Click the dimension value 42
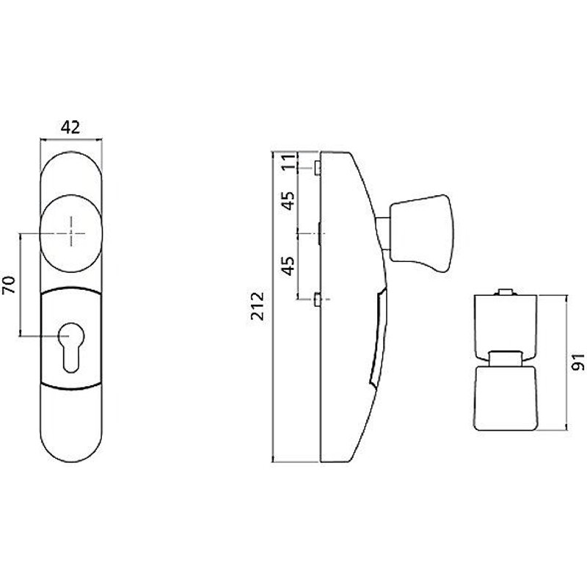click(70, 127)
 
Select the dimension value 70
click(10, 285)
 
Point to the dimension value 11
click(289, 162)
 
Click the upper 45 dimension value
click(289, 200)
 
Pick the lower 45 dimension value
click(289, 265)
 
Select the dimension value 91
click(577, 362)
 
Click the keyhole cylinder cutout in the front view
click(71, 346)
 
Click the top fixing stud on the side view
click(316, 168)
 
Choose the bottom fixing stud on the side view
click(316, 299)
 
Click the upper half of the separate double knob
click(506, 321)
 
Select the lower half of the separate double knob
click(506, 396)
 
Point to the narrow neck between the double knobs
click(506, 358)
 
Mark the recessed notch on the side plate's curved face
click(377, 338)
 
